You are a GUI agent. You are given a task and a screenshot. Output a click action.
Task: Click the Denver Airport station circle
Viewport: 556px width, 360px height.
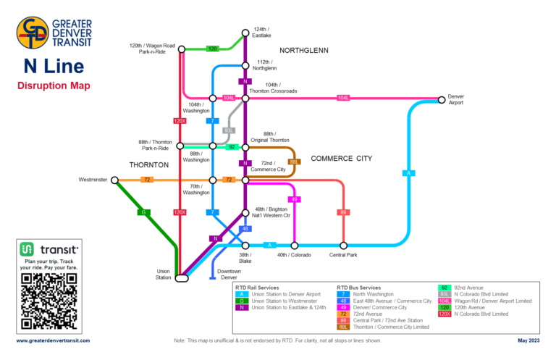click(x=442, y=99)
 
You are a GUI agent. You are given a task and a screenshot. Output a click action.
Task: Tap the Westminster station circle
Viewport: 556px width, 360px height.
click(x=114, y=180)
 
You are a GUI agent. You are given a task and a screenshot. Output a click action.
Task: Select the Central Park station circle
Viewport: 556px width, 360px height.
click(x=343, y=246)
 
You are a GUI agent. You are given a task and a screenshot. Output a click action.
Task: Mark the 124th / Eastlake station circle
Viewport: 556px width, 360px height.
click(x=245, y=32)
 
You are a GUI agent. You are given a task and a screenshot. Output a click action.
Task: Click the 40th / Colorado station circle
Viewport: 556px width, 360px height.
click(x=294, y=246)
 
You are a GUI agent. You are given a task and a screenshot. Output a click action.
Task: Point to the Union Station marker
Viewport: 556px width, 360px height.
click(x=181, y=277)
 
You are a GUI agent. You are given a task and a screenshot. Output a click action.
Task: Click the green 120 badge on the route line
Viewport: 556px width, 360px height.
click(x=213, y=49)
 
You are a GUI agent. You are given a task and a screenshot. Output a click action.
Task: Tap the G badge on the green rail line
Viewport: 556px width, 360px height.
click(x=144, y=212)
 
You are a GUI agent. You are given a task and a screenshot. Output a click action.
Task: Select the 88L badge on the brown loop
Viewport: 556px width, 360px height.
click(x=294, y=162)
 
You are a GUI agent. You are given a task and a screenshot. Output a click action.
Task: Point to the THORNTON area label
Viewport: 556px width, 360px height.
click(x=148, y=165)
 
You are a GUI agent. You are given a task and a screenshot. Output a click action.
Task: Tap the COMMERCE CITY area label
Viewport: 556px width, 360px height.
click(x=341, y=158)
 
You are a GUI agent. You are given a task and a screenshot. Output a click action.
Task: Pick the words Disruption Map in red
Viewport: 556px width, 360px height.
click(x=54, y=86)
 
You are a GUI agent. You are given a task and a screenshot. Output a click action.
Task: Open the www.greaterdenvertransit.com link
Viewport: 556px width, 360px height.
click(x=54, y=340)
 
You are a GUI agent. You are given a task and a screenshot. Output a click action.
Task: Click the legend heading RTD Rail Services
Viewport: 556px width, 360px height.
click(x=258, y=288)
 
